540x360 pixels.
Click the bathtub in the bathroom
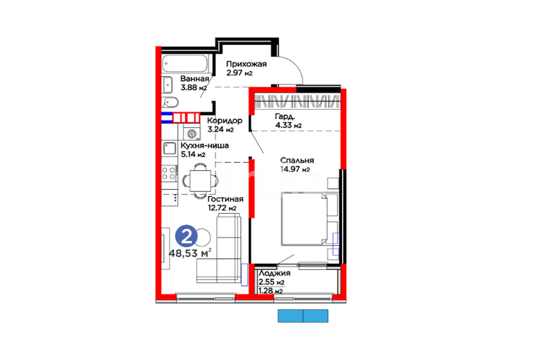click(x=185, y=63)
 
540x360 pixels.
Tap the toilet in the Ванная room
click(x=170, y=102)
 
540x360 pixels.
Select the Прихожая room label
click(x=246, y=64)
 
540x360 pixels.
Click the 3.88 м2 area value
click(x=194, y=88)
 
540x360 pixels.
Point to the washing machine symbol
click(x=192, y=134)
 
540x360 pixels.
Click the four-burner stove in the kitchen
click(x=170, y=173)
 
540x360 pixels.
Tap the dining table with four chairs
click(x=200, y=180)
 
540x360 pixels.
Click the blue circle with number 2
click(x=186, y=237)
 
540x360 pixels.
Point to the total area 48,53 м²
click(x=190, y=253)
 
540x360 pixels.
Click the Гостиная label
click(x=226, y=199)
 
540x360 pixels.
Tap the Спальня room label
click(x=297, y=160)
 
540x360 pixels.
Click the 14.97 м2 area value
click(x=295, y=169)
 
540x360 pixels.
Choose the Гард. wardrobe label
click(x=285, y=117)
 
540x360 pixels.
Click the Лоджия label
click(x=274, y=273)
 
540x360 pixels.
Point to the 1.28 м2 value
click(x=270, y=291)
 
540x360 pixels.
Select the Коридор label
click(x=225, y=121)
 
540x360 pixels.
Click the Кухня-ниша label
click(x=205, y=146)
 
